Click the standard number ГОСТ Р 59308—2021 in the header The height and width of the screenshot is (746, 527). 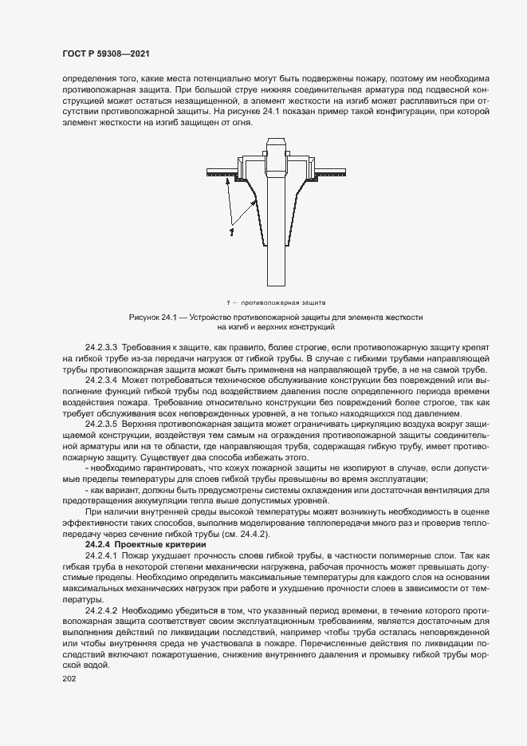point(105,54)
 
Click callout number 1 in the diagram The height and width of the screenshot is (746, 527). point(231,232)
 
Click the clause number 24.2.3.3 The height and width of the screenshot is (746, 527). point(101,347)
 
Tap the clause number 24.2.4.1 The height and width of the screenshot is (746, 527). point(101,554)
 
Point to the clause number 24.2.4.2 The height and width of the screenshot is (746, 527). point(101,610)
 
